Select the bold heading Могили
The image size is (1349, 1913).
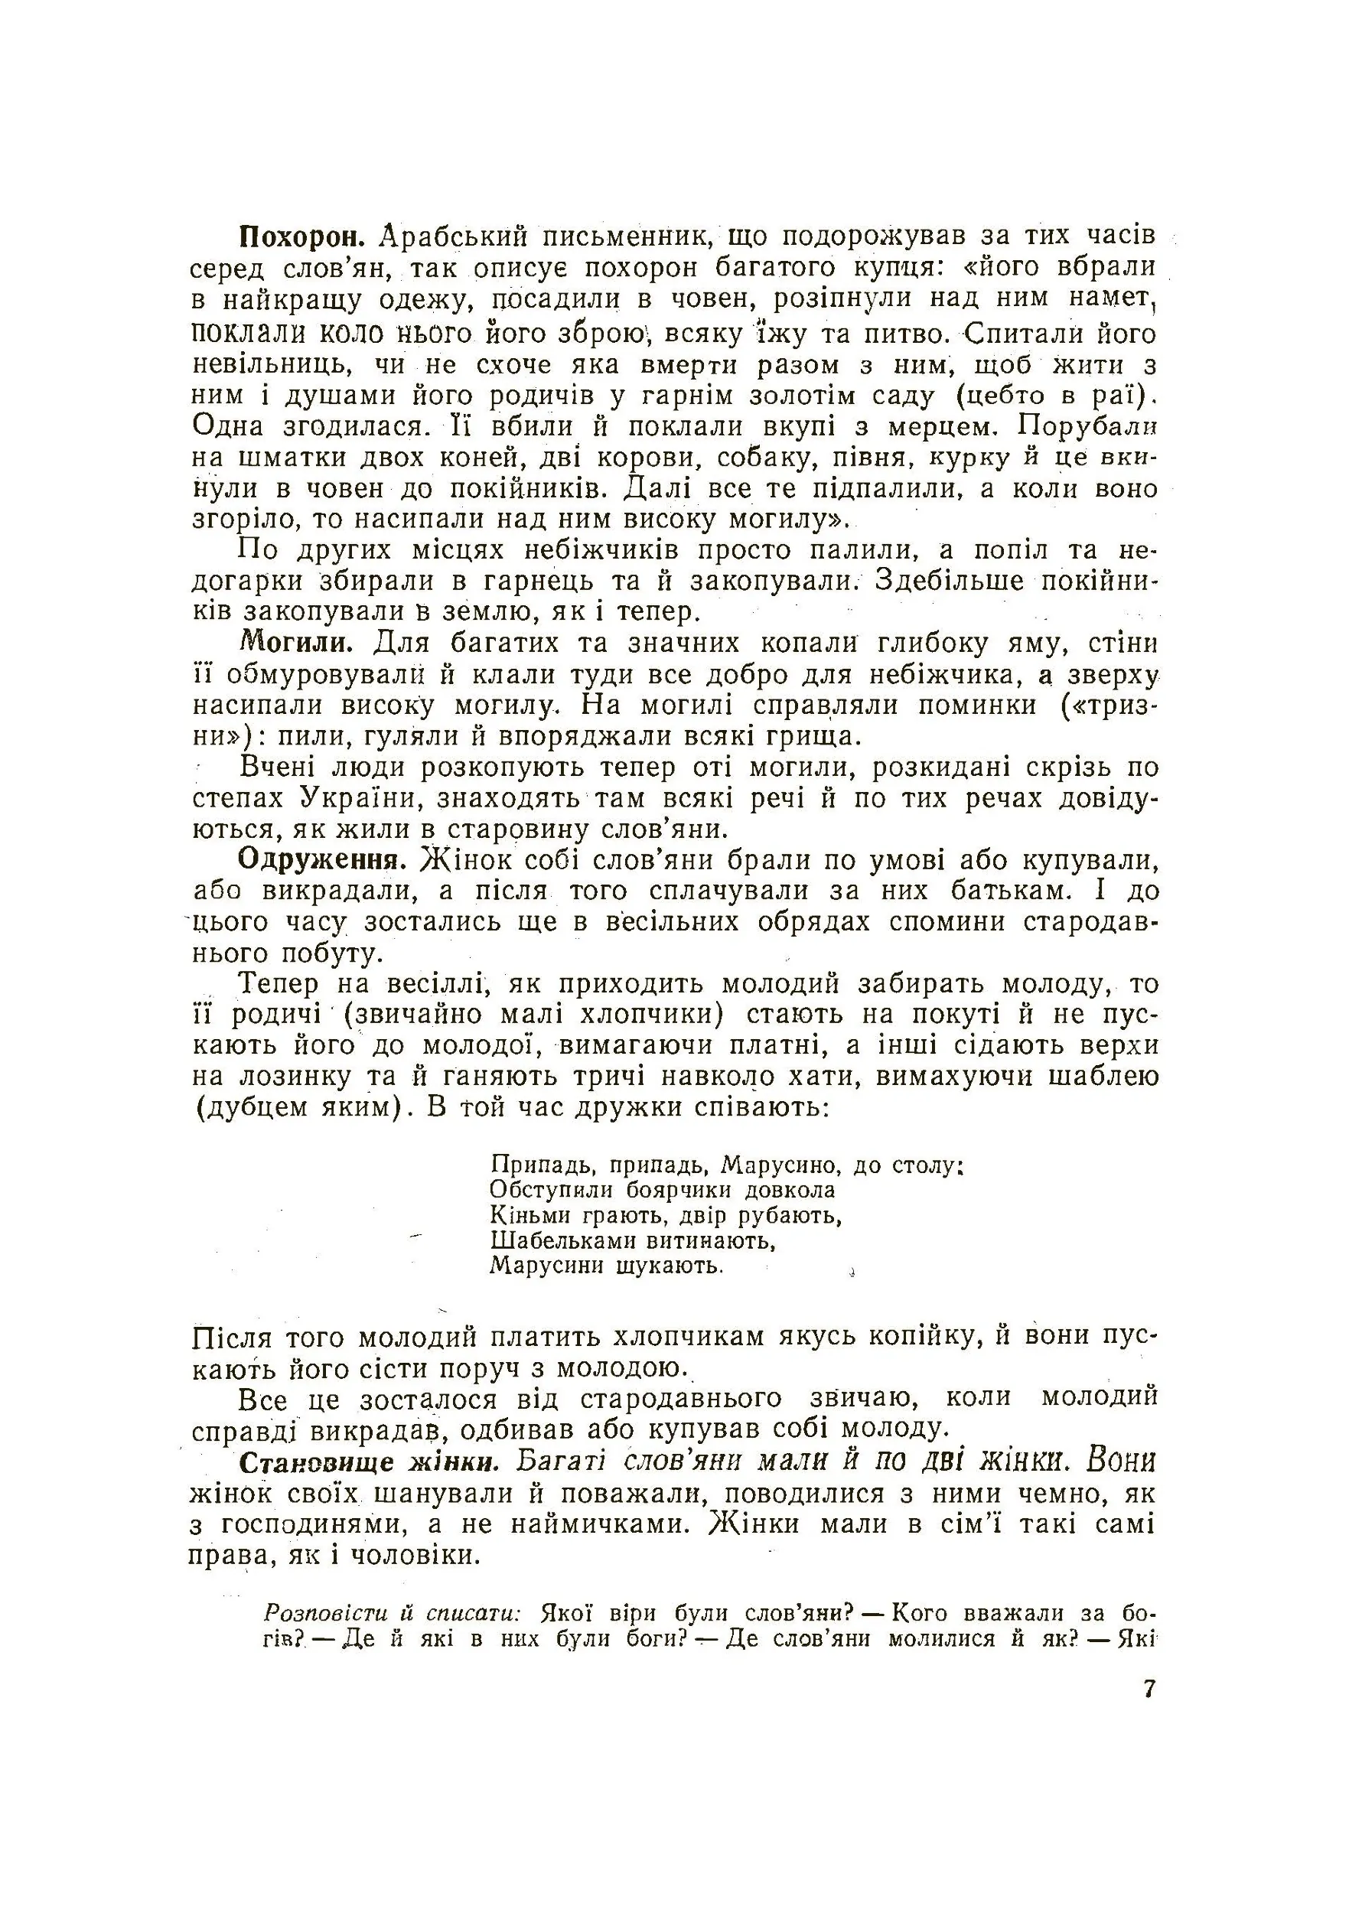coord(297,644)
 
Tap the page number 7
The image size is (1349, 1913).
coord(1150,1689)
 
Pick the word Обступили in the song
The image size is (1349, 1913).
coord(551,1190)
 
